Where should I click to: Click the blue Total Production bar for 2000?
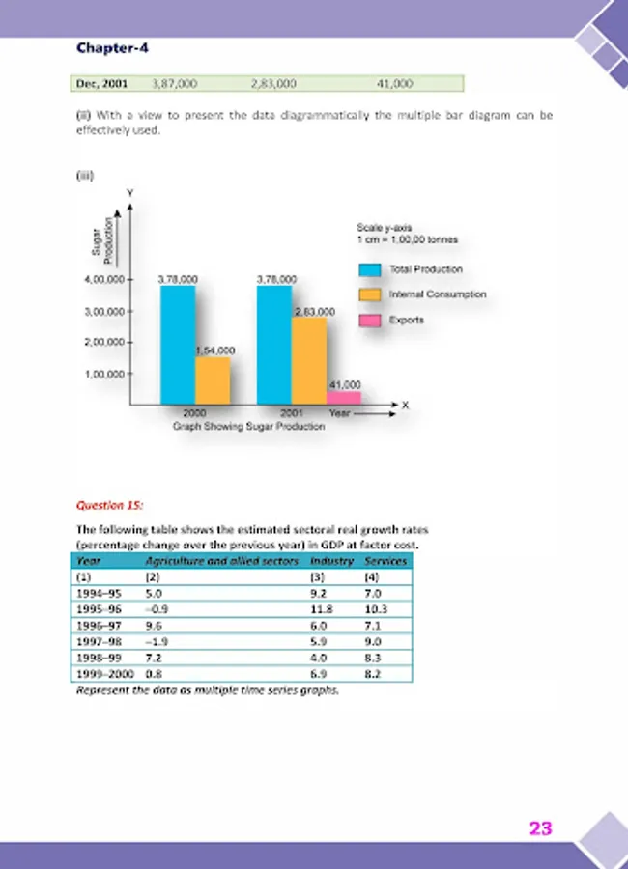click(178, 345)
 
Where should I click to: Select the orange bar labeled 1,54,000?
click(213, 379)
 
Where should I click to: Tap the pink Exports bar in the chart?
click(344, 397)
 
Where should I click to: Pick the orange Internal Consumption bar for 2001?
click(310, 359)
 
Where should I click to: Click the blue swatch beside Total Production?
click(370, 269)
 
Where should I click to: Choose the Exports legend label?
click(407, 320)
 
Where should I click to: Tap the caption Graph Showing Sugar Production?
click(248, 425)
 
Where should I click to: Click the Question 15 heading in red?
click(108, 504)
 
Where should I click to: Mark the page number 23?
click(540, 827)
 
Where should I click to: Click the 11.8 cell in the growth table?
click(321, 609)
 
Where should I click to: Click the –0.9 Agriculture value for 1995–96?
click(156, 609)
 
